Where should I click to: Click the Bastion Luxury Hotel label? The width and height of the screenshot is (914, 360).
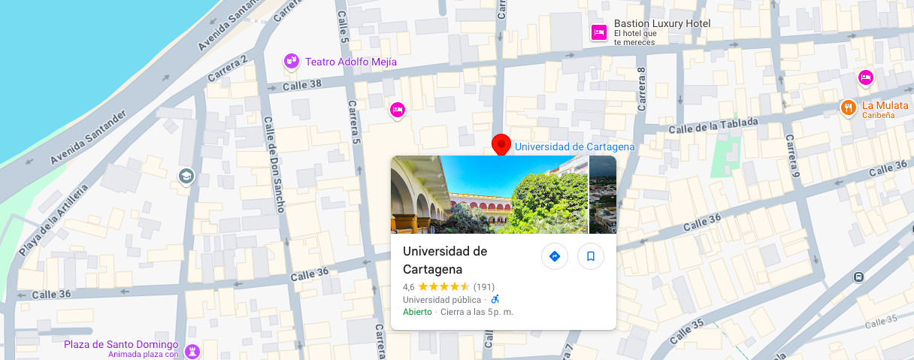(x=661, y=24)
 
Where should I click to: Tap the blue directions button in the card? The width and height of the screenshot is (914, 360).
(x=555, y=256)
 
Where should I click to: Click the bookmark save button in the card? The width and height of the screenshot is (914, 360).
(x=591, y=256)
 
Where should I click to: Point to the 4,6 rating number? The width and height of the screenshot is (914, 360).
(x=409, y=287)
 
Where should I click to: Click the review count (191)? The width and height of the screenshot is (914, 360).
(x=484, y=287)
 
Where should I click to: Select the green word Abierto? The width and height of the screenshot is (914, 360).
(x=417, y=312)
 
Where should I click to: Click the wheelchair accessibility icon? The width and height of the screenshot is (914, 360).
(x=495, y=299)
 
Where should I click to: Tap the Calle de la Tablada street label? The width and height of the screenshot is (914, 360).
(x=711, y=126)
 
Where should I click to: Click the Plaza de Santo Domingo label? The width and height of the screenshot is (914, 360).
(x=121, y=344)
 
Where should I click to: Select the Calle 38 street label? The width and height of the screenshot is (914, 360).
(x=301, y=86)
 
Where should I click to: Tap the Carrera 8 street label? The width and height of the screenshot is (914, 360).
(x=642, y=90)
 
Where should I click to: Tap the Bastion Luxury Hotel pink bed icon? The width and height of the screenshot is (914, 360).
(x=599, y=32)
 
